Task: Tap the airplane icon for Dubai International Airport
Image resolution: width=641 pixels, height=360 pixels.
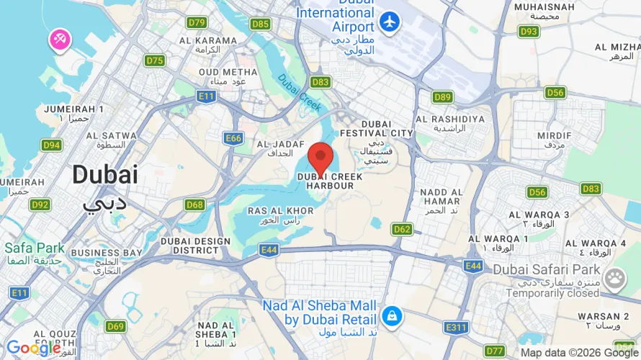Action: [390, 22]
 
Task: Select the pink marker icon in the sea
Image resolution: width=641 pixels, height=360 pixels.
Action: [59, 40]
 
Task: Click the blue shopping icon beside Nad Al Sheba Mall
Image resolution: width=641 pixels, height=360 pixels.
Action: [392, 315]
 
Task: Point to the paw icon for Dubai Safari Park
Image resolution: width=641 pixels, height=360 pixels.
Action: [615, 279]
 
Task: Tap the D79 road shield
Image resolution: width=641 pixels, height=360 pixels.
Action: [197, 22]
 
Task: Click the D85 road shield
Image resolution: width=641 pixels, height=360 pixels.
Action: [261, 24]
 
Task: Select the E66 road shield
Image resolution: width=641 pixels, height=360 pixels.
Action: [233, 139]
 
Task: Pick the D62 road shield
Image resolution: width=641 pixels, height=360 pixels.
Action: [403, 229]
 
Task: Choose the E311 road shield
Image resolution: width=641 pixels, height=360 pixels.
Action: [457, 328]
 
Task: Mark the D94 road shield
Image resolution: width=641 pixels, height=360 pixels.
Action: [51, 145]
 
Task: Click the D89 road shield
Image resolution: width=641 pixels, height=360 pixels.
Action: [443, 96]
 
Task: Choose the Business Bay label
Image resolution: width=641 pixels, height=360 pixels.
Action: [107, 257]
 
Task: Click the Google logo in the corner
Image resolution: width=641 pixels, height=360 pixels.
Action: [33, 348]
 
